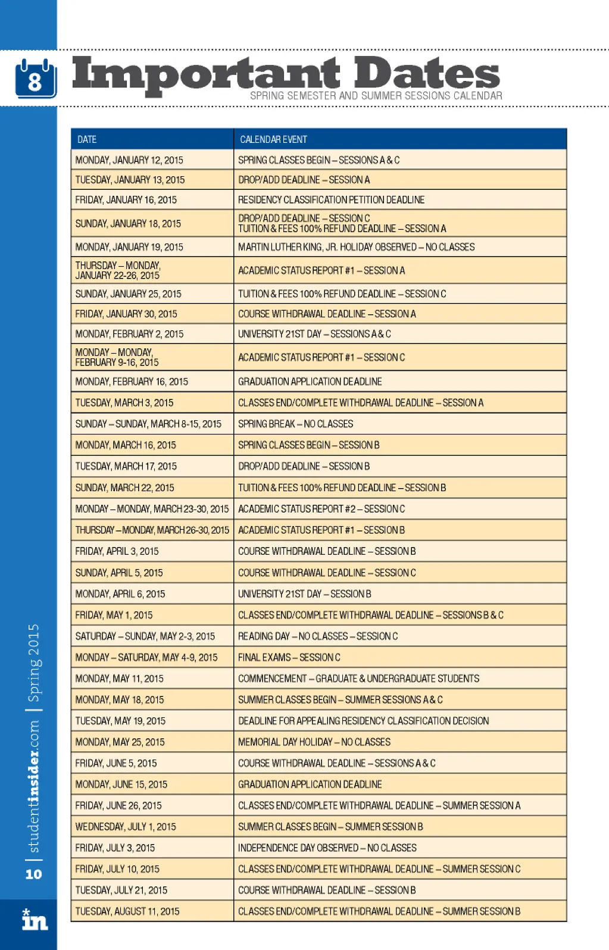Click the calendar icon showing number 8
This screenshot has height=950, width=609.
click(36, 78)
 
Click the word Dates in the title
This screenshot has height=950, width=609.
click(427, 74)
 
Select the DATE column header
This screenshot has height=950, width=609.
click(87, 139)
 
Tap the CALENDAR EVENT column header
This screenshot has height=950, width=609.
click(273, 139)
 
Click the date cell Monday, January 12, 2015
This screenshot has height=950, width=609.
click(129, 160)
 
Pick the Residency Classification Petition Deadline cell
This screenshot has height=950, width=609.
click(331, 200)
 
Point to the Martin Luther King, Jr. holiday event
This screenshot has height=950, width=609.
click(356, 247)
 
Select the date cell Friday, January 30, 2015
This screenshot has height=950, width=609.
click(126, 314)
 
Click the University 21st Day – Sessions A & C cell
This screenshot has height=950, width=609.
click(314, 334)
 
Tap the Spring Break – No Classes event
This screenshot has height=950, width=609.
click(295, 424)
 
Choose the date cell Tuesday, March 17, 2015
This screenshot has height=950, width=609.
click(126, 466)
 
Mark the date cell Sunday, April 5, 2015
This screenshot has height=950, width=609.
click(119, 573)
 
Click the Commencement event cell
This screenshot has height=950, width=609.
click(358, 679)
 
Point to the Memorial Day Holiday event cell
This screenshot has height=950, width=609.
click(314, 742)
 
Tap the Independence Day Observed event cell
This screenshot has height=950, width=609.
click(327, 848)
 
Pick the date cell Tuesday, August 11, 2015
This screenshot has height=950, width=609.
click(127, 911)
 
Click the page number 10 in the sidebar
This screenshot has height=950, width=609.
click(33, 874)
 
